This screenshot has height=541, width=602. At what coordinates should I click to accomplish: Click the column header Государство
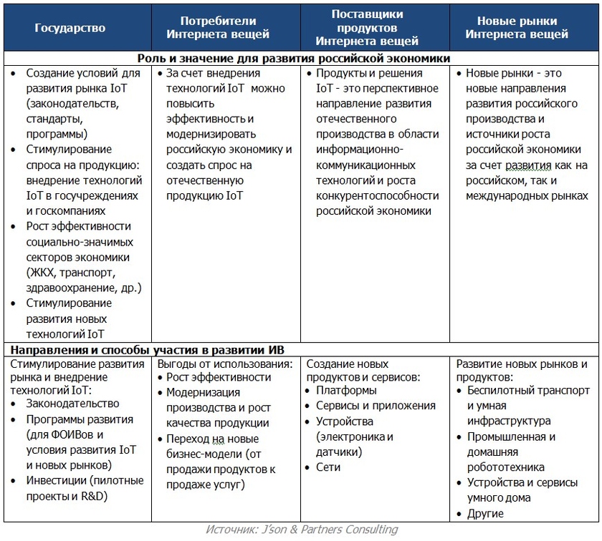[70, 28]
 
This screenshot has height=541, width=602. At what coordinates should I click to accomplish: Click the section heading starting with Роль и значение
[294, 58]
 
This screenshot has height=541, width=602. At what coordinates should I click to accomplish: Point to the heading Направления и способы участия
[146, 349]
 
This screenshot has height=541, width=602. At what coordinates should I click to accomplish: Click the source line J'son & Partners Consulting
[301, 530]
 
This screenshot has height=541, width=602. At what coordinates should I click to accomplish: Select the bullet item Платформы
[346, 391]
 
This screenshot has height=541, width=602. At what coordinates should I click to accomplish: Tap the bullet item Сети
[328, 467]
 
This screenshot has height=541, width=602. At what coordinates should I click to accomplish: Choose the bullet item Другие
[485, 514]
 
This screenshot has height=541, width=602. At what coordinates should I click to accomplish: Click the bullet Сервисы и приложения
[376, 406]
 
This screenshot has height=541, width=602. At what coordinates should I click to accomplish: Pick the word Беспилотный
[501, 391]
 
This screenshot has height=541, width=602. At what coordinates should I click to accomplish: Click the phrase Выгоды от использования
[225, 364]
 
